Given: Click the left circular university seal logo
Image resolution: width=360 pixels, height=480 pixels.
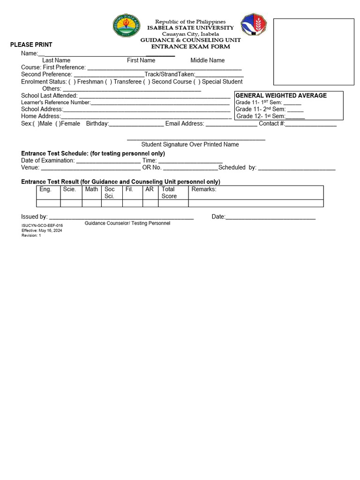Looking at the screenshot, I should [x=126, y=26].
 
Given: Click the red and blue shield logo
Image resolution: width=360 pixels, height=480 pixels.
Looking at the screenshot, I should [x=253, y=25].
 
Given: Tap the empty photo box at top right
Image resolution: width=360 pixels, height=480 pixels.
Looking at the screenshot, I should [x=314, y=52].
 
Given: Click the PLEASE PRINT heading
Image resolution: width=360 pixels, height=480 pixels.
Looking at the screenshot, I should [x=31, y=45].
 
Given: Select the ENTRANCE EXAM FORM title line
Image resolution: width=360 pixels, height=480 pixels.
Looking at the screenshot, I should [x=190, y=47].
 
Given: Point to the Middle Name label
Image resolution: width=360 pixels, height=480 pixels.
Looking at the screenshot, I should [x=207, y=60].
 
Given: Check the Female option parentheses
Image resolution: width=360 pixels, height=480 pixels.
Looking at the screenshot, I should [x=57, y=124].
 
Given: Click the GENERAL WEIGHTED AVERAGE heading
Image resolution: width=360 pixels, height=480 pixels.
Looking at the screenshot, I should [x=281, y=96].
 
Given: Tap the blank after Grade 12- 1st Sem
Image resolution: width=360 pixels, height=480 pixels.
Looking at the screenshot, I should [x=295, y=117].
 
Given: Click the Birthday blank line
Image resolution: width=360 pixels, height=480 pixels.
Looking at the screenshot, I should [x=136, y=124].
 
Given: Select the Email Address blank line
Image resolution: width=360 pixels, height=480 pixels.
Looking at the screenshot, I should [x=232, y=124].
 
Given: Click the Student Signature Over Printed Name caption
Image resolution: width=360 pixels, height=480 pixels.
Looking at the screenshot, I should [x=190, y=145].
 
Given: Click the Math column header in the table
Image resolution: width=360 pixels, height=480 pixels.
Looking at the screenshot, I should [x=91, y=189].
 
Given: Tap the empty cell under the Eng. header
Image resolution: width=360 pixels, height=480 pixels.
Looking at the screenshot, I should [x=48, y=203].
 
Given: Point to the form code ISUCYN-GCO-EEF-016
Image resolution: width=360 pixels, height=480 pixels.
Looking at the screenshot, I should [x=42, y=226].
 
